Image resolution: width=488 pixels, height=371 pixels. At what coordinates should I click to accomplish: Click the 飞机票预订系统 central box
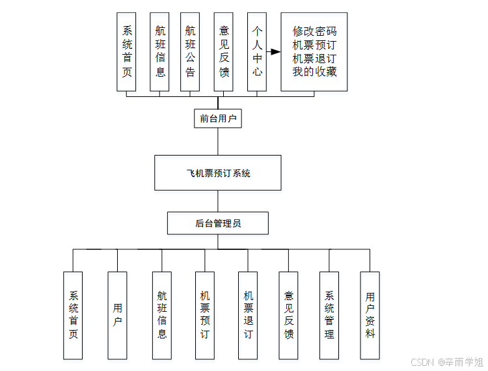coord(218,172)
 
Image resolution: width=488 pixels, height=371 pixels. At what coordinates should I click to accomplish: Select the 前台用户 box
coord(218,118)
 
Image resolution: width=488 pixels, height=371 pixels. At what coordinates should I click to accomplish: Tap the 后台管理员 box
coord(218,223)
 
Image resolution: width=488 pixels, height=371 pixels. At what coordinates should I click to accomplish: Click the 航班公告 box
coord(190,51)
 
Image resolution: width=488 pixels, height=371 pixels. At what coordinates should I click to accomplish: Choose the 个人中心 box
coord(258,51)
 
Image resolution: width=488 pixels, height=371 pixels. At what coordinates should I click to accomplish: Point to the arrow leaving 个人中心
coord(275,51)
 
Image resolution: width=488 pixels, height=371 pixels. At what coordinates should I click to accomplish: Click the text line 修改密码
coord(314,31)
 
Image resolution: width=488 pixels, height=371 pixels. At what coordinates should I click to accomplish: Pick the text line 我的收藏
coord(314,72)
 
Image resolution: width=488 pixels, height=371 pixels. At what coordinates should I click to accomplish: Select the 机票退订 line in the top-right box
coord(314,58)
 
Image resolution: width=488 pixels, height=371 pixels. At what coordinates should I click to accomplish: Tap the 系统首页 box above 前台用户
coord(127,51)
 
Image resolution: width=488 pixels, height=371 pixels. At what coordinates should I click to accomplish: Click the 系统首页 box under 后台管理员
coord(73,315)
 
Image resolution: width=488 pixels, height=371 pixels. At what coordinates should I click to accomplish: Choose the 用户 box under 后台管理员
coord(117,315)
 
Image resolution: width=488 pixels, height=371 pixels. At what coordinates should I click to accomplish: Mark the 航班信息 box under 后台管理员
coord(162,315)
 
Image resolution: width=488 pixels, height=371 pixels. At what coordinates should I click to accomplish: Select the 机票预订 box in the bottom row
coord(205,315)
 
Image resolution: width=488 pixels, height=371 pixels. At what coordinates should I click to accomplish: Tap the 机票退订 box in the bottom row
coord(248,315)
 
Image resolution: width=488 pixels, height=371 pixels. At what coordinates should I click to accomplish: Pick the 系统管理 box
coord(329,315)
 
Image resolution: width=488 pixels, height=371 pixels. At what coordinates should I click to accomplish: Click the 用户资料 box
coord(370,315)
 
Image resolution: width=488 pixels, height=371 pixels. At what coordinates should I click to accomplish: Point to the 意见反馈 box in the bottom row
coord(288,315)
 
